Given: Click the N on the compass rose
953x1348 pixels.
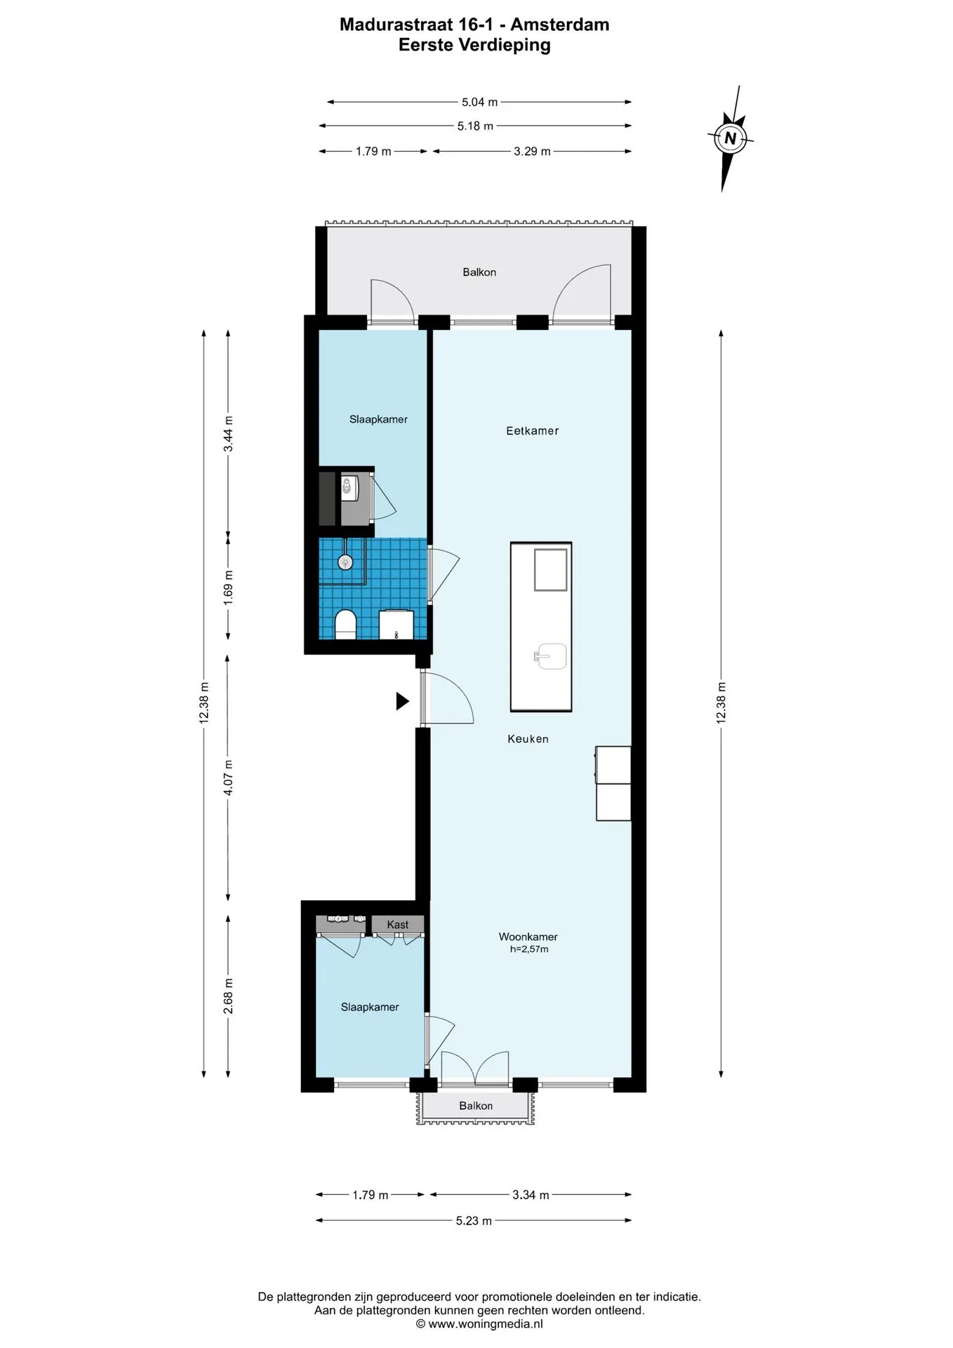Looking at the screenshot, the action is pos(731,138).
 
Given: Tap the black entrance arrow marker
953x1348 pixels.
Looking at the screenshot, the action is pos(402,701).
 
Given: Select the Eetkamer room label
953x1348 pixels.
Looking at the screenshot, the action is pos(533,431).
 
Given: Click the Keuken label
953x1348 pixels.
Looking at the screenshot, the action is pos(528,739).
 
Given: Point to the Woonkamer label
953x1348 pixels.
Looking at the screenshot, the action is pos(528,937).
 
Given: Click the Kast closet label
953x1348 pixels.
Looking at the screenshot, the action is pos(397,925).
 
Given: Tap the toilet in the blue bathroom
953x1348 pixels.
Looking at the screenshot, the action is pos(345,624).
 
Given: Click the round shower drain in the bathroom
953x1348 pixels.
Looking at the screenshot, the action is pos(345,562).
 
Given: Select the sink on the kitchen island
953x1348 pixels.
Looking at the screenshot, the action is pos(551,656).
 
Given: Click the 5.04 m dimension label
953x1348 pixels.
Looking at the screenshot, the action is pos(479,102).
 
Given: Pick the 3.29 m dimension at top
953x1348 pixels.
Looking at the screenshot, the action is pos(532,151).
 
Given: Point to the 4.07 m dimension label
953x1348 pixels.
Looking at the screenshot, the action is pos(228,778).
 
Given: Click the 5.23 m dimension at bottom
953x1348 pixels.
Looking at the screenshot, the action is pos(474,1220).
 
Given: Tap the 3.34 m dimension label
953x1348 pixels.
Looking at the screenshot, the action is pos(531,1194).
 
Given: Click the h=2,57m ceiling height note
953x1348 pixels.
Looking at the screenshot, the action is pos(529,949).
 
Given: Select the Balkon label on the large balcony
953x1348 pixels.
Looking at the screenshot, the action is pos(479,272).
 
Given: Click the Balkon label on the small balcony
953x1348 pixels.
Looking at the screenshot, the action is pos(476,1106).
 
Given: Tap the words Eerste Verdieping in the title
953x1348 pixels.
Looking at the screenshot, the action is pos(474,45).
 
